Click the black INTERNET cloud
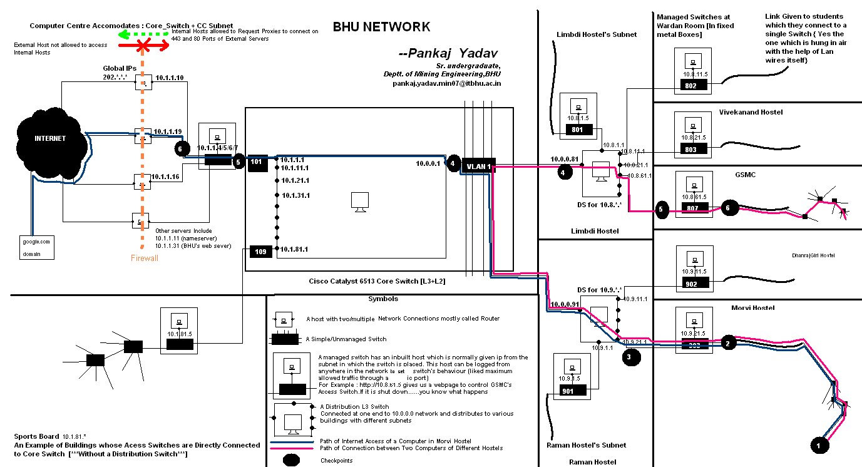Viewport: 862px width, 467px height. [x=50, y=139]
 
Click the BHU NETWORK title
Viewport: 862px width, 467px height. [x=381, y=27]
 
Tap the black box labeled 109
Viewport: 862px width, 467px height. [x=260, y=252]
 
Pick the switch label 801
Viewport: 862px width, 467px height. [x=577, y=130]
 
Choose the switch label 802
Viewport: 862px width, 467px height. [x=690, y=86]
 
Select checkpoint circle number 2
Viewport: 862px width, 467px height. [x=727, y=343]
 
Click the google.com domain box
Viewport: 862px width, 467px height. [x=36, y=247]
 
